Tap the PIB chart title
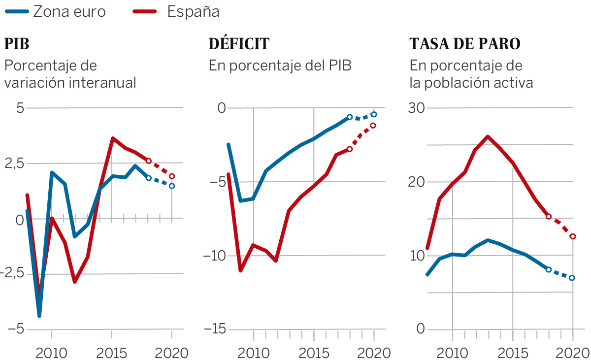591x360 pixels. (17, 44)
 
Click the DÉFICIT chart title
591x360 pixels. (239, 44)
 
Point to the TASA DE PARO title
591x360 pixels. (465, 44)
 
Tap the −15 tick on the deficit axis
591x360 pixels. (215, 329)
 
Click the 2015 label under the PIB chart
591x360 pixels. (112, 353)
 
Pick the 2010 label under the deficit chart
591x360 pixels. (254, 353)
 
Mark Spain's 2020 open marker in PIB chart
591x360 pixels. (172, 176)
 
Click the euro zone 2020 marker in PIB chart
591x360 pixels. (172, 186)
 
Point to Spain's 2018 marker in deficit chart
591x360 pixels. (350, 149)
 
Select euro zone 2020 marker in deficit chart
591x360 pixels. (374, 114)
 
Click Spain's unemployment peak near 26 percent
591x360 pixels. (488, 136)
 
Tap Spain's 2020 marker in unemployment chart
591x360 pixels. (573, 236)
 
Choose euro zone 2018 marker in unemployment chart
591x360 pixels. (549, 269)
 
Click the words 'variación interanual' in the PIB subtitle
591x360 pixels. (70, 83)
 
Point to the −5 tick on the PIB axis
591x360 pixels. (16, 329)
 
